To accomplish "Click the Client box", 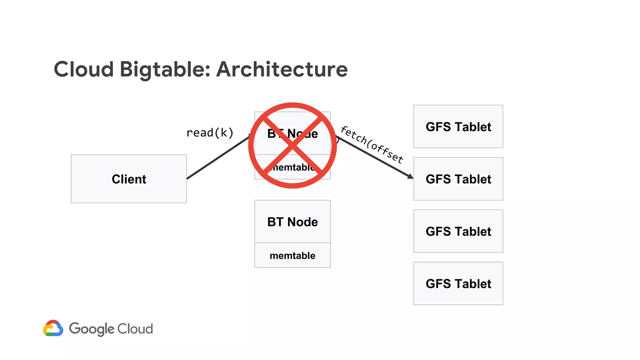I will pos(129,179).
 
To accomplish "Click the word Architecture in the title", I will pos(282,69).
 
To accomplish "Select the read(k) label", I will pos(210,133).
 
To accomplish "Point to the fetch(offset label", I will pos(372,144).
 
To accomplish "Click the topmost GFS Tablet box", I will pos(458,127).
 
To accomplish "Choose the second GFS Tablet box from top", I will pos(458,179).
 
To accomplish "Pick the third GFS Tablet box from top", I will pos(458,231).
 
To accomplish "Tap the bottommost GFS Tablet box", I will pos(458,283).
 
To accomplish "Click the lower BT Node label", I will pos(292,222).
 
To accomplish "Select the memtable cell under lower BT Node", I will pos(292,255).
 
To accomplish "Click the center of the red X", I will pos(292,145).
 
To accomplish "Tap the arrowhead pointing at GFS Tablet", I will pos(411,177).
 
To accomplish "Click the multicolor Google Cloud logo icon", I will pos(53,328).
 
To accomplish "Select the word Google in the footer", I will pos(92,329).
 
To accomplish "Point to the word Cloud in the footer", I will pos(135,329).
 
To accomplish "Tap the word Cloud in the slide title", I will pos(84,69).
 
